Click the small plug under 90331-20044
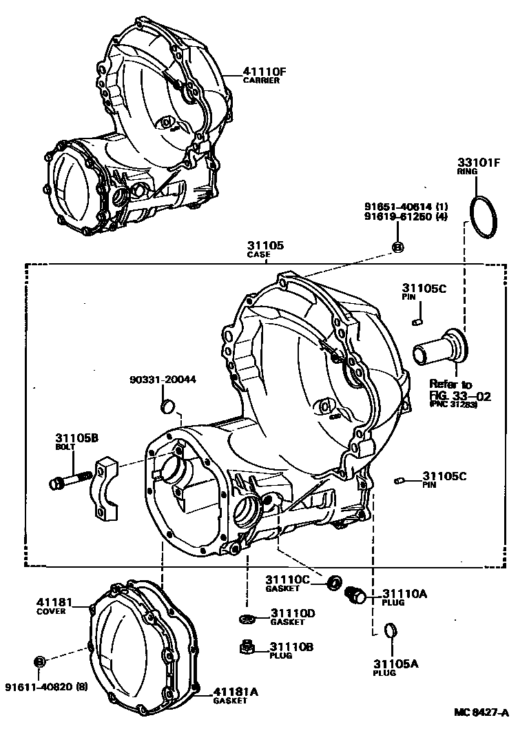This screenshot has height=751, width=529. (166, 408)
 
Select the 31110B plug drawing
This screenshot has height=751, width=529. (247, 647)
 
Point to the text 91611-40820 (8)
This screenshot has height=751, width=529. (46, 687)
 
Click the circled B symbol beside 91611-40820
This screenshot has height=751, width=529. (39, 661)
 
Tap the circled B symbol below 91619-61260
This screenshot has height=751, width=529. (397, 247)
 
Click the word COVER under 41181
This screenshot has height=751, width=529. (52, 611)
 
